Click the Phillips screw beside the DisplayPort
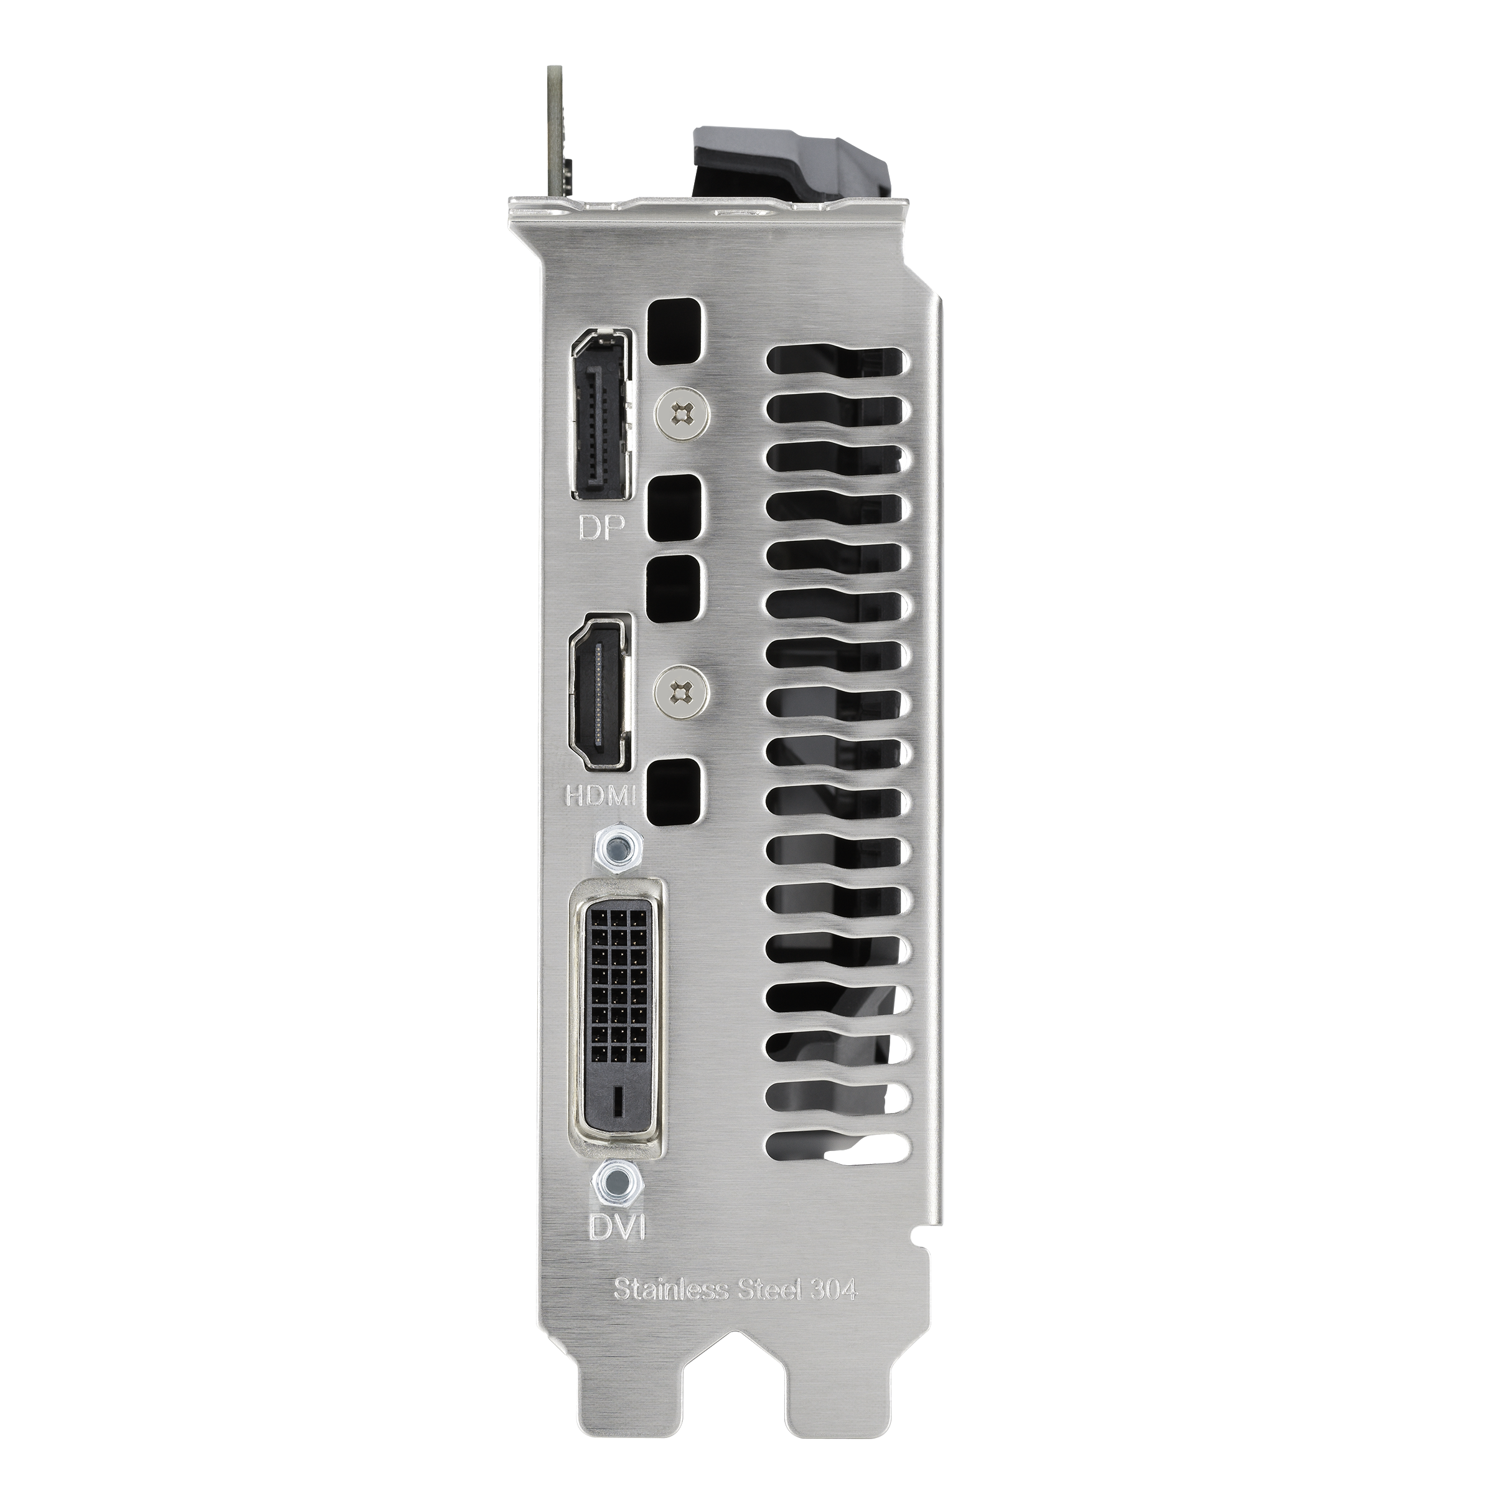point(680,415)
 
